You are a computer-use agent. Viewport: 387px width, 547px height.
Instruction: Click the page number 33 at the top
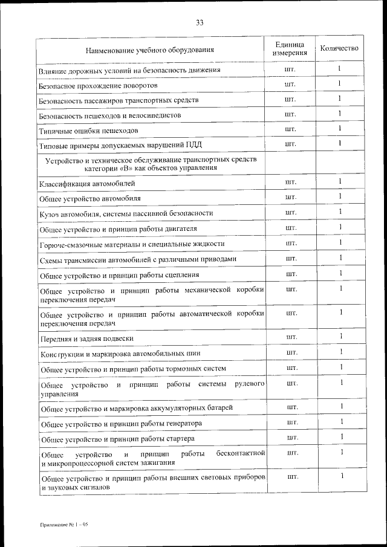[x=200, y=23]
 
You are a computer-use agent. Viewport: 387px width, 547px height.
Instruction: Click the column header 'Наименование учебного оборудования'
[x=150, y=50]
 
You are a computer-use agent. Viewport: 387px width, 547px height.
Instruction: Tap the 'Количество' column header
[x=340, y=48]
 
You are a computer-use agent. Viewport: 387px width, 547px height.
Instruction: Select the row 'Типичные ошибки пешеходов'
[x=89, y=131]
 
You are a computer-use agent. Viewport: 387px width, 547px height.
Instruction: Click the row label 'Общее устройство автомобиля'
[x=90, y=198]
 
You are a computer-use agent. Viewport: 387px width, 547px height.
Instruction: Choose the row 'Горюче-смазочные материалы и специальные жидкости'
[x=132, y=244]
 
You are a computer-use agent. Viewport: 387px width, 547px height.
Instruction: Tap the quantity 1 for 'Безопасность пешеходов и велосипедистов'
[x=340, y=113]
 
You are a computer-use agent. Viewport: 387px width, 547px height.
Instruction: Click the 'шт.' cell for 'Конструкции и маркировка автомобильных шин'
[x=291, y=352]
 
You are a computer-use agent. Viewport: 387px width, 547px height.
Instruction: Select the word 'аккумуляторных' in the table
[x=177, y=409]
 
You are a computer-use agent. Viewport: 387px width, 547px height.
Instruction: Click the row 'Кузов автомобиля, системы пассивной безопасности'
[x=126, y=213]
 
